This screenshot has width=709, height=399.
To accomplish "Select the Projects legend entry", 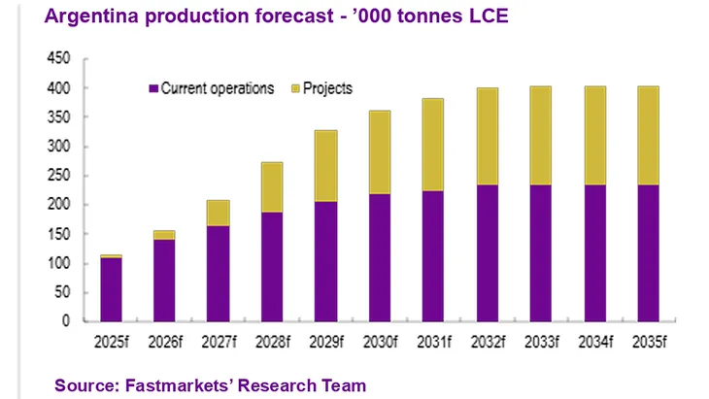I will [327, 88].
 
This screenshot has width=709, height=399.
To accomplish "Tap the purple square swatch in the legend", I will [153, 88].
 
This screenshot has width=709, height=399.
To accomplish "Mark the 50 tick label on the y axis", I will [66, 293].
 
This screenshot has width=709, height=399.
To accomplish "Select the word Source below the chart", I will [84, 385].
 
